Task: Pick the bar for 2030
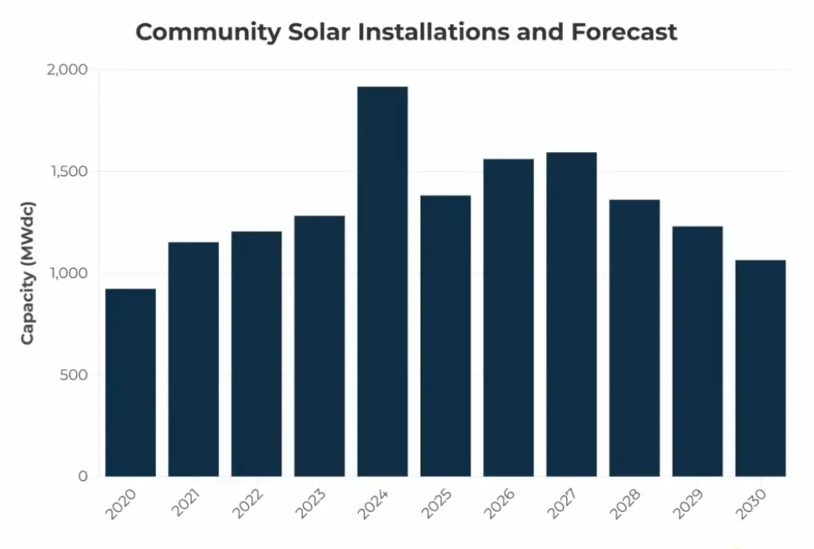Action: tap(760, 368)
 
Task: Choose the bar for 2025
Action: tap(445, 336)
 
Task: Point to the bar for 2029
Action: tap(697, 351)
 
